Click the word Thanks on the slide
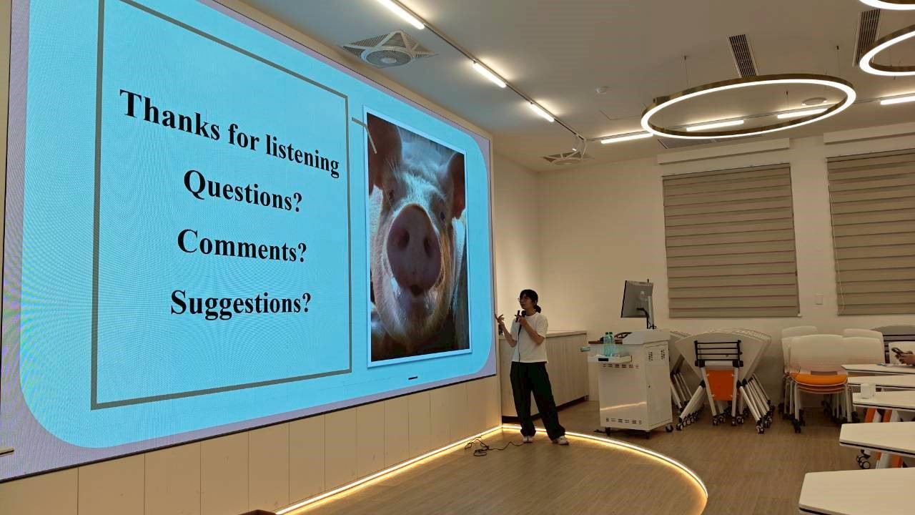[169, 115]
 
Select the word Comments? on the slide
[242, 246]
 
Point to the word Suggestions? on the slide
[241, 304]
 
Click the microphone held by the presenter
[518, 316]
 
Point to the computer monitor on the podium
[637, 300]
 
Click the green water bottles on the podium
[608, 343]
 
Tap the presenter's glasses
[524, 300]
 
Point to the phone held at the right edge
[897, 351]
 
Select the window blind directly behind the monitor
[730, 241]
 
